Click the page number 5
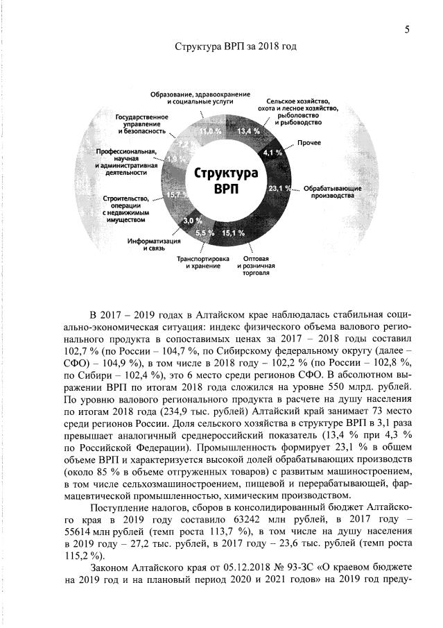pos(407,29)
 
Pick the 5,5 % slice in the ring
pos(205,233)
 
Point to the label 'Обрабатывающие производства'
pos(330,192)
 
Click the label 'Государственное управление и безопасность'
pos(141,124)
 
